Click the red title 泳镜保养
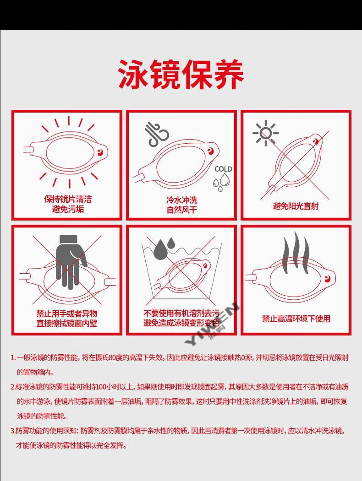(x=181, y=75)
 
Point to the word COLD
(x=223, y=169)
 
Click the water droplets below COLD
(x=222, y=182)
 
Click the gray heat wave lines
(x=296, y=253)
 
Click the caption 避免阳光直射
(x=296, y=206)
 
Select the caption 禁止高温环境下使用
(x=296, y=319)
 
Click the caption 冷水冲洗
(x=182, y=200)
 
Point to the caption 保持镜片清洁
(x=68, y=200)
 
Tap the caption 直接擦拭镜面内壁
(x=67, y=323)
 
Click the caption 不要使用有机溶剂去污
(x=181, y=313)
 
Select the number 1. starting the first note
(x=13, y=358)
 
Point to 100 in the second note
(x=101, y=387)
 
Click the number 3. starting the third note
(x=13, y=431)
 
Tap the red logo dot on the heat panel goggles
(x=327, y=279)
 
